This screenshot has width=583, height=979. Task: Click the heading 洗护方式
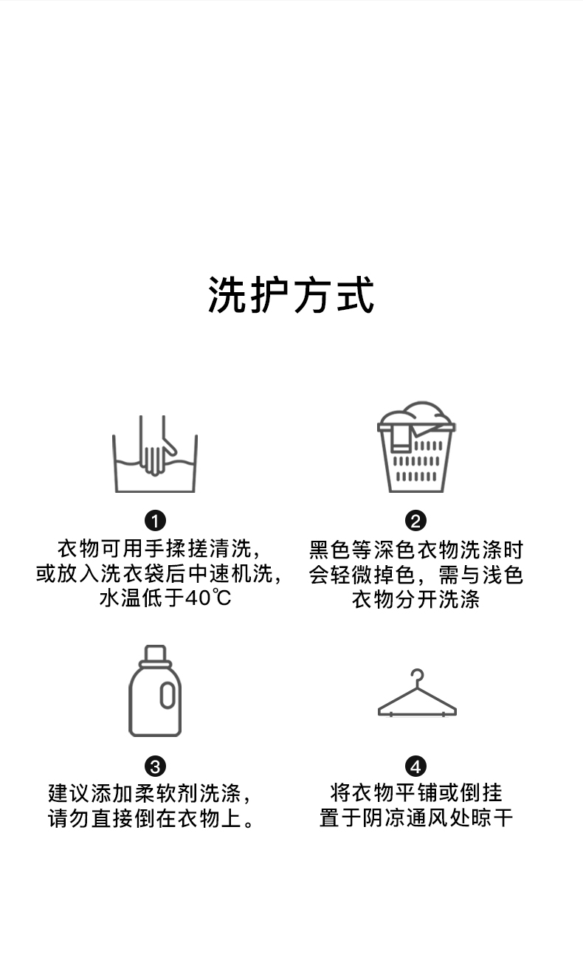[291, 295]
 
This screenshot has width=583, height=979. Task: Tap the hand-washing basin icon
[155, 454]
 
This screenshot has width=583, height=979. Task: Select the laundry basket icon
[416, 447]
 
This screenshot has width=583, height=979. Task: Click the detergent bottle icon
[155, 691]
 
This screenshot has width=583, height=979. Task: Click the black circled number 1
[155, 521]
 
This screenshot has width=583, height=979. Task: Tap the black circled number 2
[416, 521]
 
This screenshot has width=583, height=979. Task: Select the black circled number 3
[155, 767]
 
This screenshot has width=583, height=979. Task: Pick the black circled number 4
[416, 767]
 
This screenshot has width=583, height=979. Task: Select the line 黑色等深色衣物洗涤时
[416, 550]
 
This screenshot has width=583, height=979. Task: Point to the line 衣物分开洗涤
[416, 598]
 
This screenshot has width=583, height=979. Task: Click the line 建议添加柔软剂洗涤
[151, 794]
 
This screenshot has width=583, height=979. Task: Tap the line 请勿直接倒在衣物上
[152, 818]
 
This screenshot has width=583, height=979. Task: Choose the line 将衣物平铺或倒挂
[416, 794]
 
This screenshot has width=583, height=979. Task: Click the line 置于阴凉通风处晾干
[416, 818]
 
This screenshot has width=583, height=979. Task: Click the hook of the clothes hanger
[418, 676]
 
